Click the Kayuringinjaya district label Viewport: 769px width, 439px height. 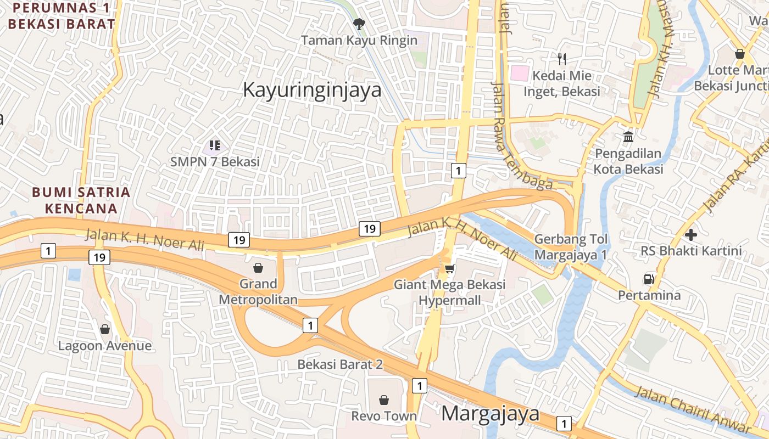(312, 89)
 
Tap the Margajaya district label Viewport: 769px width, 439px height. (491, 413)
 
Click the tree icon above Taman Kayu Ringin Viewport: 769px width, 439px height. (359, 24)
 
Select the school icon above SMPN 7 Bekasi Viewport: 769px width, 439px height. (215, 145)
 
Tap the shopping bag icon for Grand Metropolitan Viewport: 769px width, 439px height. (258, 268)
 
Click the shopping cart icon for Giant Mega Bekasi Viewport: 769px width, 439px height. (449, 268)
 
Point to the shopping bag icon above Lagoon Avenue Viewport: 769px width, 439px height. (105, 329)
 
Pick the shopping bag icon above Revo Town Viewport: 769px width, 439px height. (384, 400)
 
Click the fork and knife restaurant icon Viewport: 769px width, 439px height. (561, 59)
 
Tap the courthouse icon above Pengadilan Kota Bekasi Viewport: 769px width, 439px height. (628, 137)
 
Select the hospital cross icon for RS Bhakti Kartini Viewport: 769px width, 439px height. (691, 235)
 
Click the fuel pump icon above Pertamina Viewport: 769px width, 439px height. (649, 279)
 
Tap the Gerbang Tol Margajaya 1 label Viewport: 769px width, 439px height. (571, 247)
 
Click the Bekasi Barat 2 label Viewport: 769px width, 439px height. (340, 364)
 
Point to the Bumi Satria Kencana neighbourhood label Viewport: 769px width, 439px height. (81, 200)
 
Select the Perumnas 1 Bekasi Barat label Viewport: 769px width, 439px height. (62, 16)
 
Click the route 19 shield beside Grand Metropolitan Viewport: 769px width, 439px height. (239, 240)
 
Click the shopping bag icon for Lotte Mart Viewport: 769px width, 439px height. (739, 54)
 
